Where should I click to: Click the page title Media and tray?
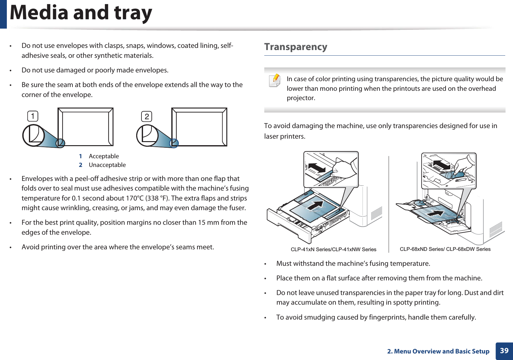click(x=81, y=13)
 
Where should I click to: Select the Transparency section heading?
click(x=295, y=47)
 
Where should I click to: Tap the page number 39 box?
click(x=504, y=351)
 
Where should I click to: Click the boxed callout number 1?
click(x=33, y=116)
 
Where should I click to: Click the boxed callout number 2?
click(x=147, y=117)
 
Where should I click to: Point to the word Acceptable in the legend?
click(x=104, y=156)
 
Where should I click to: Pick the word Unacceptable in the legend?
click(x=107, y=165)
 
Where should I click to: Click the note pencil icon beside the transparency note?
click(x=275, y=80)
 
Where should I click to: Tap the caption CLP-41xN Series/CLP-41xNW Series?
click(x=333, y=249)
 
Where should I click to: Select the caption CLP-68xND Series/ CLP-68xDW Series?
click(x=445, y=249)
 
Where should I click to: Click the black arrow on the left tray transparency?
click(x=316, y=205)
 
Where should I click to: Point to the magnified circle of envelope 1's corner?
click(x=34, y=135)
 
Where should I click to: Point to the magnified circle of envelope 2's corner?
click(x=147, y=135)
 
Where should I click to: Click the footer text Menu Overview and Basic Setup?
click(x=441, y=351)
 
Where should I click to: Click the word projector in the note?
click(x=301, y=98)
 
